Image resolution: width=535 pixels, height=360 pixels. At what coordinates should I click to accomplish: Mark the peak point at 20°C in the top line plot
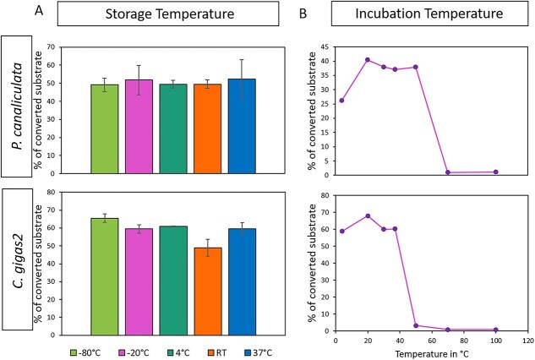(367, 60)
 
